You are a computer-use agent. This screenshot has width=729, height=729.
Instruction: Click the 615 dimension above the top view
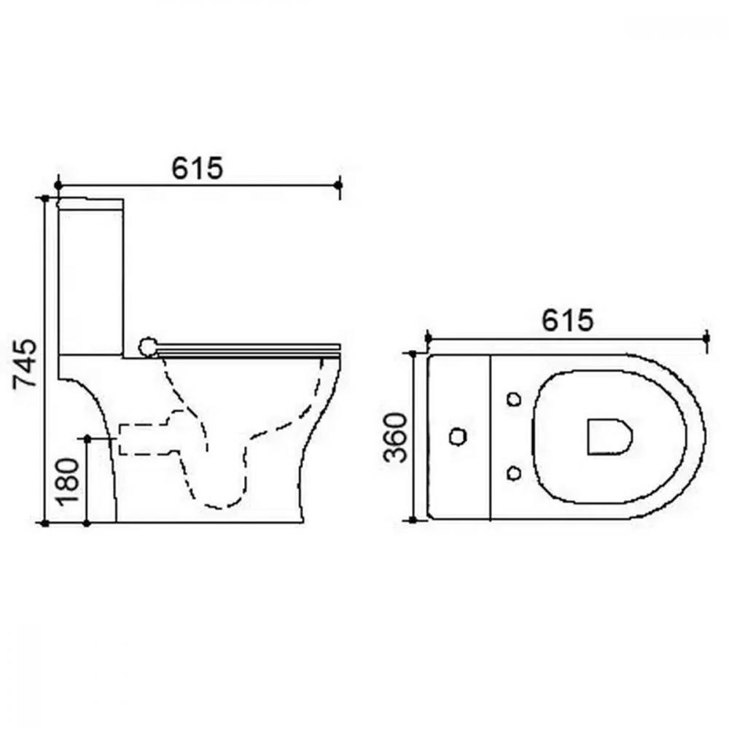(568, 320)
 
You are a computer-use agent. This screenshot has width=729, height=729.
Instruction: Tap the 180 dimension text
(67, 482)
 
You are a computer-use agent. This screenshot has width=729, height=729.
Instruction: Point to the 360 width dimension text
(394, 437)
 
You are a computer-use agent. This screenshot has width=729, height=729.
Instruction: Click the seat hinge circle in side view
(148, 347)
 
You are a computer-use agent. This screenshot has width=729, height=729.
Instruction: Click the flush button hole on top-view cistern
(458, 436)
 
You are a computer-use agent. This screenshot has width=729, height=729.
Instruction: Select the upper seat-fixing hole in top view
(514, 399)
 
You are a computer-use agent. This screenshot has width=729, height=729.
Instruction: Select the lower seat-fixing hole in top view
(514, 473)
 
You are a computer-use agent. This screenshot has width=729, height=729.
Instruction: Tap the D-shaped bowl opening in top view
(609, 437)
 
